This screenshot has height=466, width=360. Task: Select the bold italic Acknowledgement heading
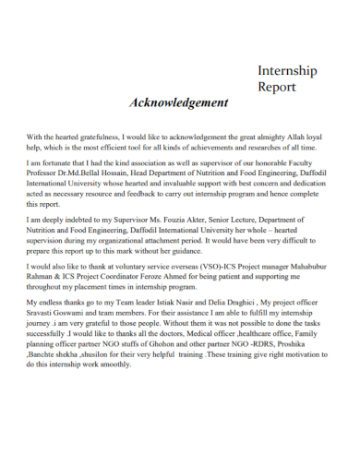point(179,102)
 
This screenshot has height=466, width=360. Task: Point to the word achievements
point(222,147)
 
